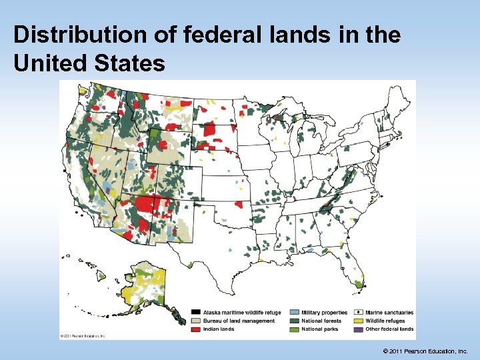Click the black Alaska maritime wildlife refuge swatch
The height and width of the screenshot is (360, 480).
[x=196, y=313]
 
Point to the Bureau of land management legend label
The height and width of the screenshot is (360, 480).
[x=239, y=321]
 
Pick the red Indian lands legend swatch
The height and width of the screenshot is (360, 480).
[x=196, y=329]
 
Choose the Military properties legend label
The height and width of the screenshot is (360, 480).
[x=324, y=313]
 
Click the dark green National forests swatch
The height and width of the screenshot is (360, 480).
[x=294, y=321]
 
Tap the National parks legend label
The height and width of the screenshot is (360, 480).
[x=320, y=329]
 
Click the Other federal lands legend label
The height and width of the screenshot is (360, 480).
[x=389, y=329]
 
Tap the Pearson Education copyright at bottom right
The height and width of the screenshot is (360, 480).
[x=427, y=350]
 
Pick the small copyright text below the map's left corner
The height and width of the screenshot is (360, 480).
[x=83, y=335]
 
